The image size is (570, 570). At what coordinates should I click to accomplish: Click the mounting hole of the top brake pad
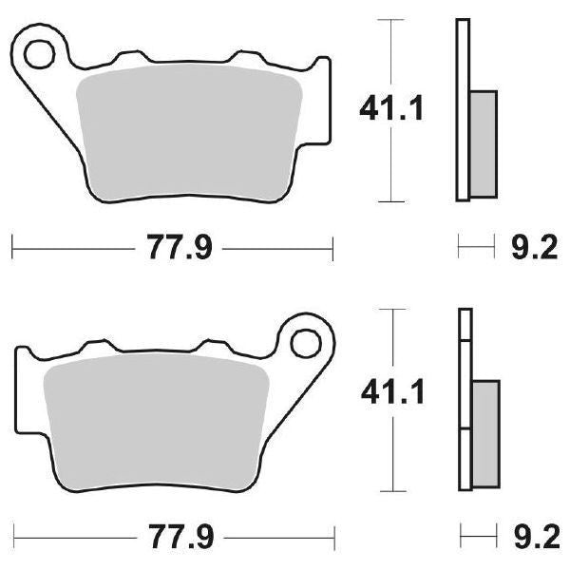[41, 54]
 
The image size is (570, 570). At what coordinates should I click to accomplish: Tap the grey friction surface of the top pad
[190, 133]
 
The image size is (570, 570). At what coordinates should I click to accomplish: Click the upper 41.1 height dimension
[389, 109]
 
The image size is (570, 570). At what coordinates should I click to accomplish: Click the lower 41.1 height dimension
[389, 389]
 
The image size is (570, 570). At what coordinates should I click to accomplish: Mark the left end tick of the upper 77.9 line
[11, 250]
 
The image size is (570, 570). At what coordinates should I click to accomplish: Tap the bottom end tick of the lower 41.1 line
[389, 490]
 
